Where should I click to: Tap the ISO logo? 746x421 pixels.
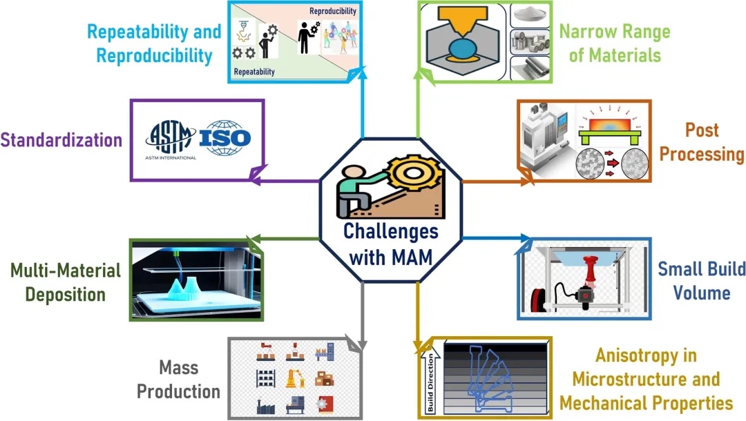point(224,138)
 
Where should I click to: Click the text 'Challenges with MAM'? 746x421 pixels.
point(390,244)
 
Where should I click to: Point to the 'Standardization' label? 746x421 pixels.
point(61,139)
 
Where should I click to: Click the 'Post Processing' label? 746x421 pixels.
point(701,141)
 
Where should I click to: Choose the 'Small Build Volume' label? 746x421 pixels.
point(701,280)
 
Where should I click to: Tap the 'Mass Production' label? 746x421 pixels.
point(178,379)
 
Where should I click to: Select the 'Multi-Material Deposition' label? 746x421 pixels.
point(66,282)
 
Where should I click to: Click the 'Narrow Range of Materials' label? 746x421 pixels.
point(614,43)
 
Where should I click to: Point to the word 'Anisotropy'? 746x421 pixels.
point(636,356)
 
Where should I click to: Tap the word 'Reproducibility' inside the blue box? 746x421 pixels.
point(332,11)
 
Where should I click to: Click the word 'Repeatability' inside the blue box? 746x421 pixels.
point(254,72)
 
